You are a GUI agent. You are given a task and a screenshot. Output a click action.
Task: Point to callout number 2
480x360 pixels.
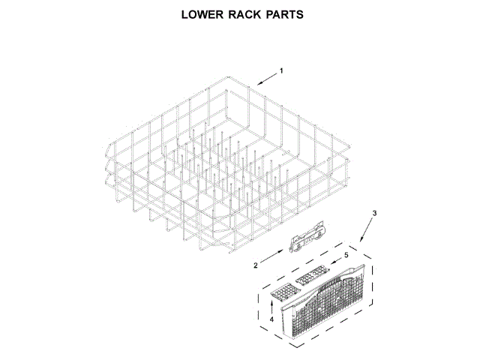click(255, 265)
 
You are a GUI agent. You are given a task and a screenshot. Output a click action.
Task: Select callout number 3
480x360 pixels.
click(375, 214)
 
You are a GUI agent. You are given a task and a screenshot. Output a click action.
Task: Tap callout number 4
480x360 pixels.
click(271, 320)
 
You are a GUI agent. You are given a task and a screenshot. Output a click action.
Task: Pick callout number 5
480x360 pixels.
click(346, 255)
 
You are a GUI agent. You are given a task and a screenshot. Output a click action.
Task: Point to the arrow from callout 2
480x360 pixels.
click(274, 257)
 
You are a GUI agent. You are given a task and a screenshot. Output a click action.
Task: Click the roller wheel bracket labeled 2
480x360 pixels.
click(307, 239)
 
